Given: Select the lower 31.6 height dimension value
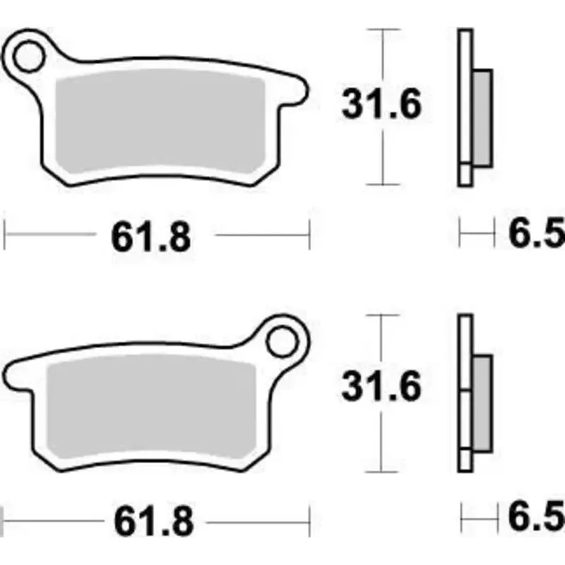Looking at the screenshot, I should [381, 387].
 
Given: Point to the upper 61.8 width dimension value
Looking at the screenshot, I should [150, 237].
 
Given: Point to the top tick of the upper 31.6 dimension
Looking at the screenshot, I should [381, 30].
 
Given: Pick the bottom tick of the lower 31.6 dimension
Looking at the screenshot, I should [381, 471].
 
